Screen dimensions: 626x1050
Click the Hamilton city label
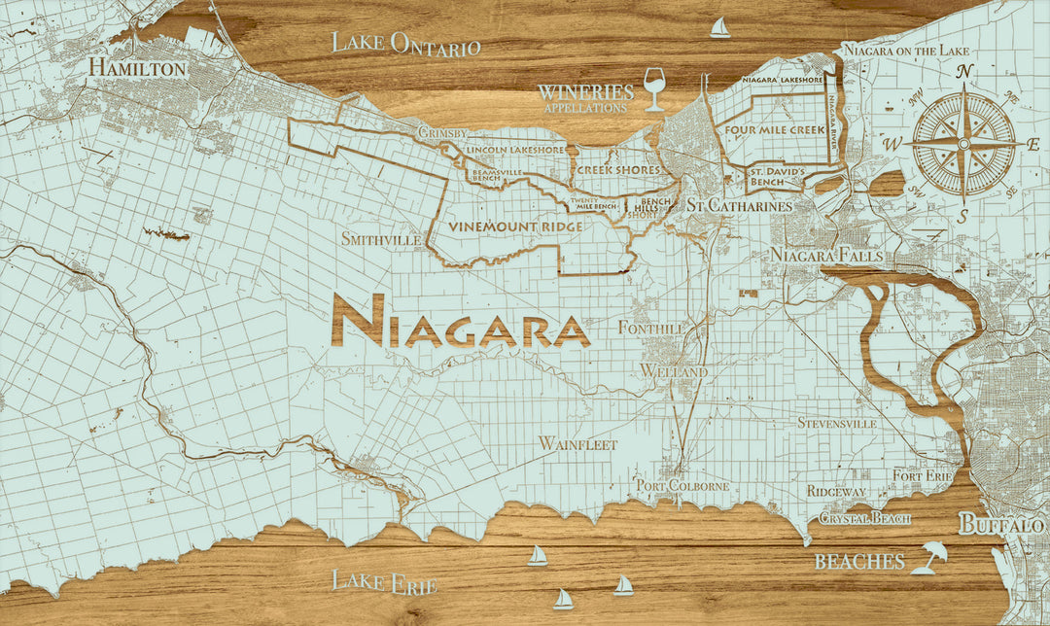137,68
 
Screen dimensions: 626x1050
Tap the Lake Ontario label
406,44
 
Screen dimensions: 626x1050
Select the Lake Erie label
384,582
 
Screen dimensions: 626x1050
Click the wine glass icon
655,88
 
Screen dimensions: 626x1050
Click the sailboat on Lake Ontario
719,27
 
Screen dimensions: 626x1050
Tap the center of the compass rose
963,144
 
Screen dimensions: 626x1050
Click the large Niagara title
460,322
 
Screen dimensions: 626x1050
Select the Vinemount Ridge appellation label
515,226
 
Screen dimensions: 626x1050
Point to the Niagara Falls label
826,255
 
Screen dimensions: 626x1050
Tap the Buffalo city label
1001,525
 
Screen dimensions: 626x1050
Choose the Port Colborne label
682,485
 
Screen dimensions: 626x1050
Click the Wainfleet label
577,443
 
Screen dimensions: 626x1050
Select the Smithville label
381,238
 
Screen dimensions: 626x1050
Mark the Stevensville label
836,423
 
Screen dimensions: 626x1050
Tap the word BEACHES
859,562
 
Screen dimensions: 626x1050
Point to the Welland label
674,372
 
